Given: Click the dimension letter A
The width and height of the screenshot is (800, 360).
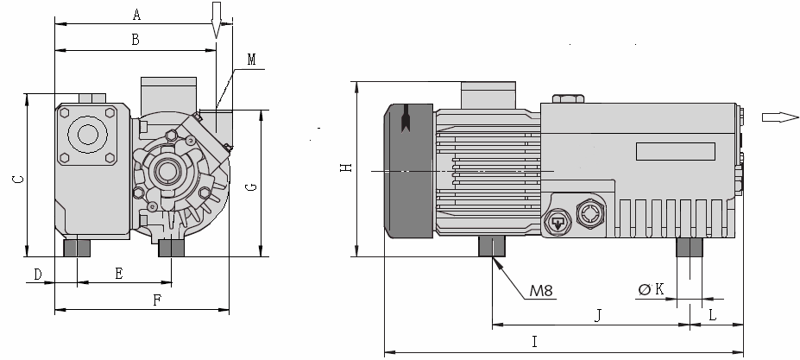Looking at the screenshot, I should click(x=136, y=14).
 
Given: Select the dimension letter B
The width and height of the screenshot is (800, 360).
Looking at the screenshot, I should click(x=135, y=39).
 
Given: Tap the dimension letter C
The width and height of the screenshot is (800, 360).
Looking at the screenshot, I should click(x=17, y=179).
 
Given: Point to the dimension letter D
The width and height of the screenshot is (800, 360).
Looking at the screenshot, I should click(x=37, y=274).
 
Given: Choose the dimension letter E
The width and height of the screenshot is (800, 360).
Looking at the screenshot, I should click(x=119, y=274).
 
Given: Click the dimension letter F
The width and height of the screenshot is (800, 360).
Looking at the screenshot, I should click(x=156, y=300).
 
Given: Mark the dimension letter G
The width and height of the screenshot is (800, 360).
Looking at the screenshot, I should click(x=251, y=186).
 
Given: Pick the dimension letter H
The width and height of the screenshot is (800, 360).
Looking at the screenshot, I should click(x=345, y=167).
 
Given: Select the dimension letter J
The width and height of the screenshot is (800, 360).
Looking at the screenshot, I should click(x=597, y=315).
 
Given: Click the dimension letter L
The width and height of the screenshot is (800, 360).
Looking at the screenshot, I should click(x=712, y=315).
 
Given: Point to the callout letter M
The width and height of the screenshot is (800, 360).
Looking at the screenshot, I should click(x=251, y=60).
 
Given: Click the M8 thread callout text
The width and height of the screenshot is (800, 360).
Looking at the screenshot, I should click(x=541, y=290).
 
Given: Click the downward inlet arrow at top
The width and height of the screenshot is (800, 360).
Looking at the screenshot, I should click(x=217, y=18).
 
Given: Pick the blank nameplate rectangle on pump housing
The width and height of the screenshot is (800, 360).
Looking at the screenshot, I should click(x=677, y=151).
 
